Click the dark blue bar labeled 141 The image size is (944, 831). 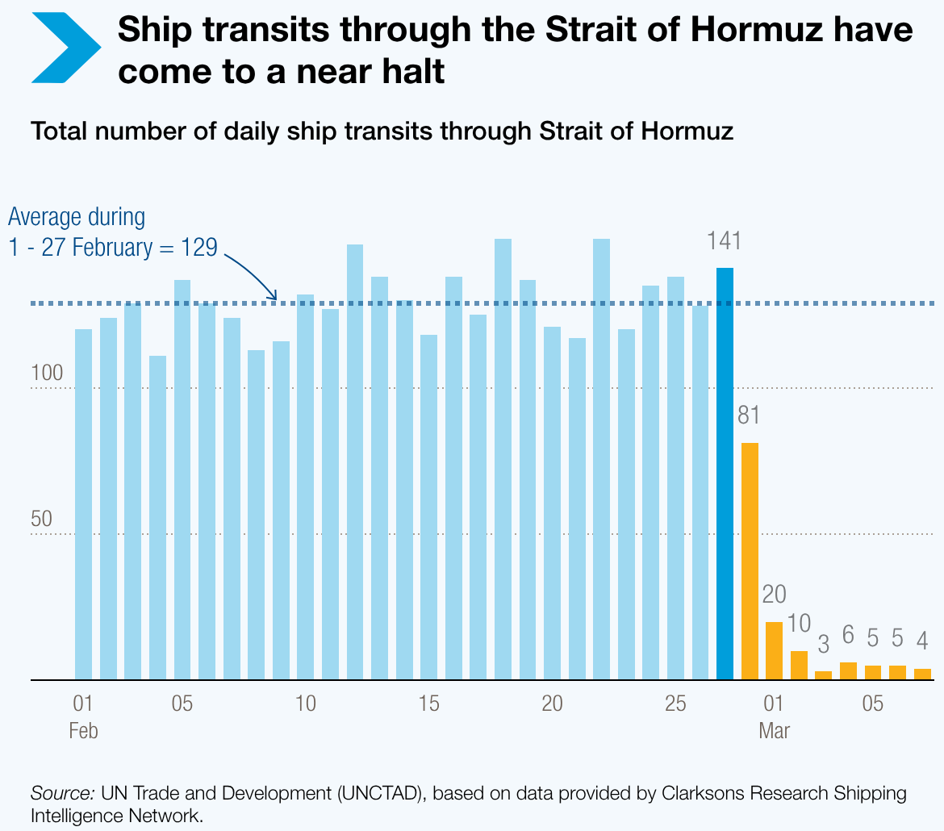click(725, 474)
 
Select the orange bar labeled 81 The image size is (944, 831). click(750, 561)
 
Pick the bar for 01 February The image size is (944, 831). click(83, 504)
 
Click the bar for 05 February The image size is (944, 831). click(182, 479)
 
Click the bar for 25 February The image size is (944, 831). click(675, 478)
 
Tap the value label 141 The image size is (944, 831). click(724, 240)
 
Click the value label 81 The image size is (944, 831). click(750, 416)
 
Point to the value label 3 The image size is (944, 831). click(823, 645)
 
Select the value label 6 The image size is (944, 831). click(848, 635)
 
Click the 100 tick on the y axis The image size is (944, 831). click(41, 374)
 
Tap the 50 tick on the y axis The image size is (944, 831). click(41, 520)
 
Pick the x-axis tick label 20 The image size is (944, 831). click(552, 704)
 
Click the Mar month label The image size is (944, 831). click(774, 731)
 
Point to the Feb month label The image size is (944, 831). click(83, 731)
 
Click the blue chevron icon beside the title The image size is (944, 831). click(66, 48)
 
